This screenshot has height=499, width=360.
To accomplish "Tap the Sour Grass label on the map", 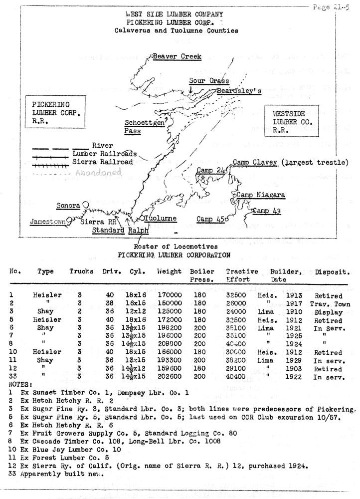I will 209,81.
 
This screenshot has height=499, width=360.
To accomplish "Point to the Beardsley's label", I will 239,91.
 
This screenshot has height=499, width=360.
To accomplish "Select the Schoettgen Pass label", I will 144,127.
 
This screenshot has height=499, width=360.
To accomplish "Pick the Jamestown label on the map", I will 47,221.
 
